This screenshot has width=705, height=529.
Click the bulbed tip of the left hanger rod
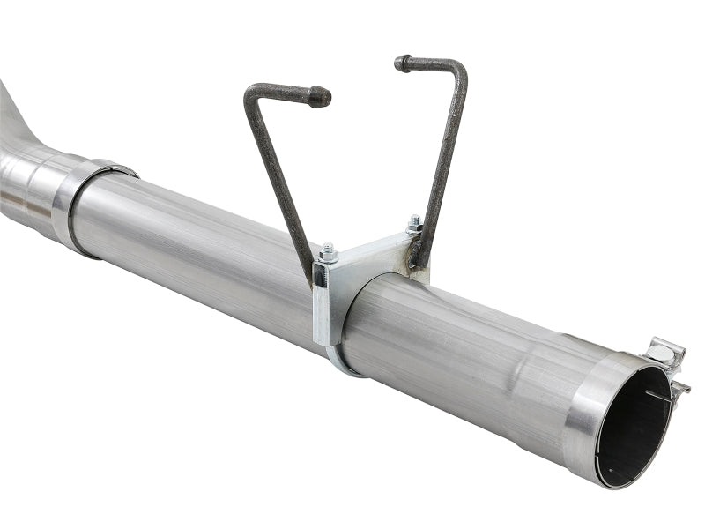click(x=321, y=96)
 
